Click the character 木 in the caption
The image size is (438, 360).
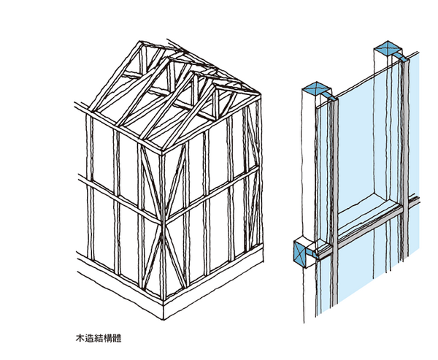(x=80, y=338)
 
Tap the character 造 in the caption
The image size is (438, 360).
(x=89, y=338)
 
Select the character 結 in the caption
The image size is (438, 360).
(x=99, y=338)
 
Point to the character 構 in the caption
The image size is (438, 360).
(x=108, y=338)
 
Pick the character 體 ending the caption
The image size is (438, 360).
(x=117, y=338)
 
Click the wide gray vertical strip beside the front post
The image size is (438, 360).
(x=334, y=202)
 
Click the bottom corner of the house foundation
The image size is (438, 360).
(x=164, y=319)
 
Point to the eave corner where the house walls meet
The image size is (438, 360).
(x=163, y=151)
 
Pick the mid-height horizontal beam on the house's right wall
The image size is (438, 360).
(x=212, y=194)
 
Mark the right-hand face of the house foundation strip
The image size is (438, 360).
(x=213, y=283)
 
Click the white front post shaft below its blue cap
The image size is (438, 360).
(x=309, y=168)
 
